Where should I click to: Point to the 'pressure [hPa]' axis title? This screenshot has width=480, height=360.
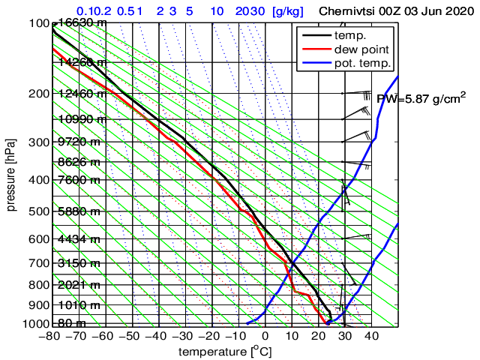click(11, 173)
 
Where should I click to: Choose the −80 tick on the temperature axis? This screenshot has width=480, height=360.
click(52, 336)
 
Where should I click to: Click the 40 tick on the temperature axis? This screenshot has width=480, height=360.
click(371, 336)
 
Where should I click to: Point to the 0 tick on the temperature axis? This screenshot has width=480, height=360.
click(265, 336)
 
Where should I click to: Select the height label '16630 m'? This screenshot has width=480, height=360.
click(79, 22)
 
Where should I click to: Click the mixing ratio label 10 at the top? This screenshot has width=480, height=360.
click(216, 11)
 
